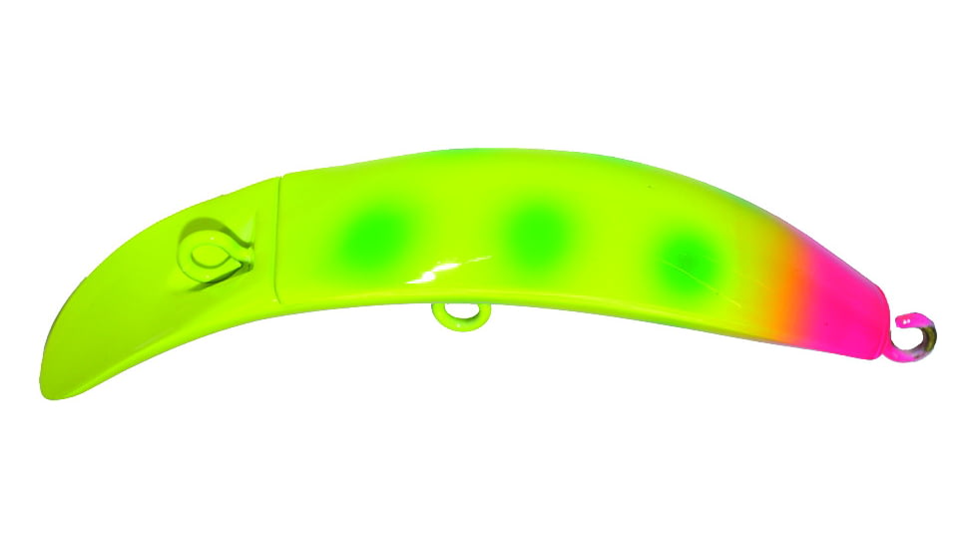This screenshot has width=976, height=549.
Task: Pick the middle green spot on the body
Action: (x=540, y=231)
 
